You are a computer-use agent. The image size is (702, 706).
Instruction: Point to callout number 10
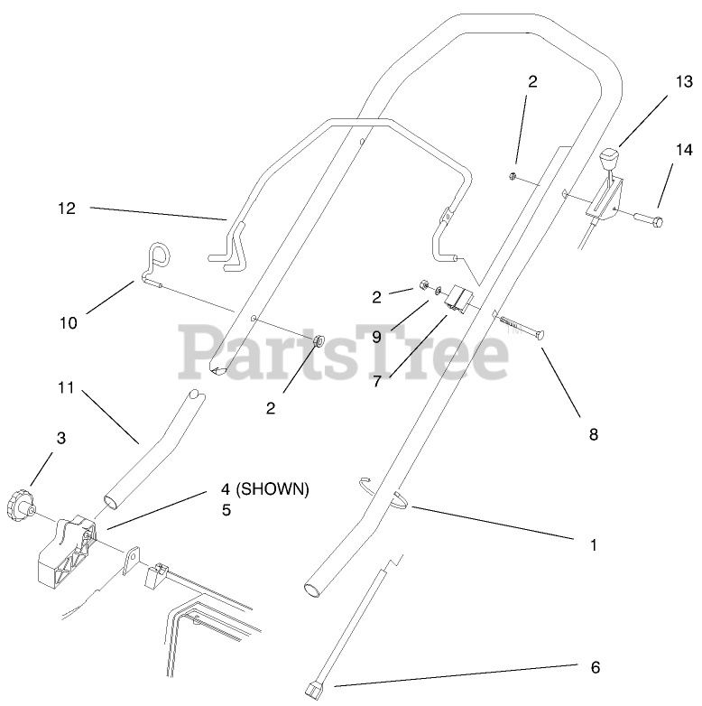(x=69, y=321)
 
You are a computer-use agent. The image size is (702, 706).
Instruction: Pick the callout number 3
(x=61, y=439)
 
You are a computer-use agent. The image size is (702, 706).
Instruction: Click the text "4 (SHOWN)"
(x=264, y=489)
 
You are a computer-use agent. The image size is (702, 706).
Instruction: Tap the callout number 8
(x=593, y=434)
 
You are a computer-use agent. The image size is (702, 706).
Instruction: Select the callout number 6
(x=594, y=667)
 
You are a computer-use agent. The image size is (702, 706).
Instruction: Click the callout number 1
(x=593, y=545)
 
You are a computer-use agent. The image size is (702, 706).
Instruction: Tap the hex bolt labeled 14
(x=646, y=219)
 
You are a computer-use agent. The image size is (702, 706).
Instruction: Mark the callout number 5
(x=226, y=510)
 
